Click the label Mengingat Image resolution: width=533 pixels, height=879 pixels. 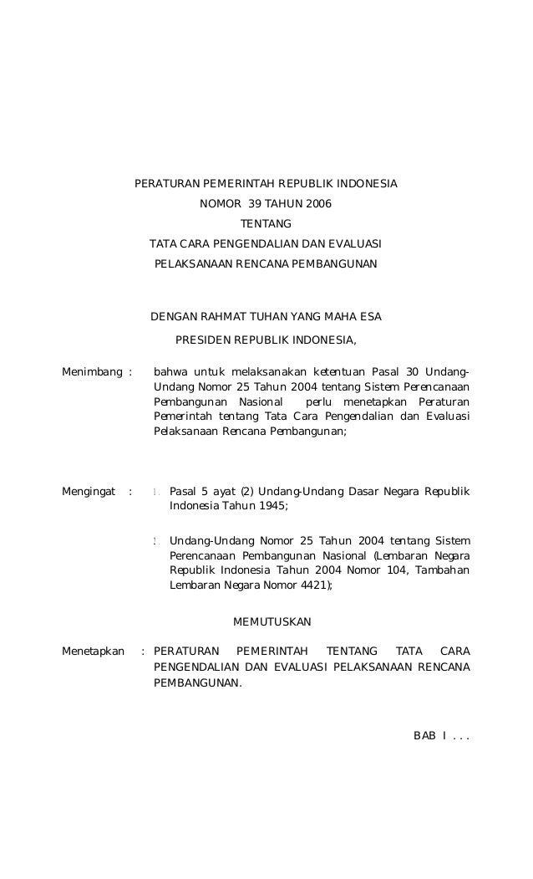point(89,492)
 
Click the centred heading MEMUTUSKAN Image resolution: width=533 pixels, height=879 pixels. point(271,622)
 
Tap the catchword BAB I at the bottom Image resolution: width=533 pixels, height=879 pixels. point(430,736)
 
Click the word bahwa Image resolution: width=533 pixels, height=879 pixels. point(170,371)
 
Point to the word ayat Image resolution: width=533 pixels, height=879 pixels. point(221,492)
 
